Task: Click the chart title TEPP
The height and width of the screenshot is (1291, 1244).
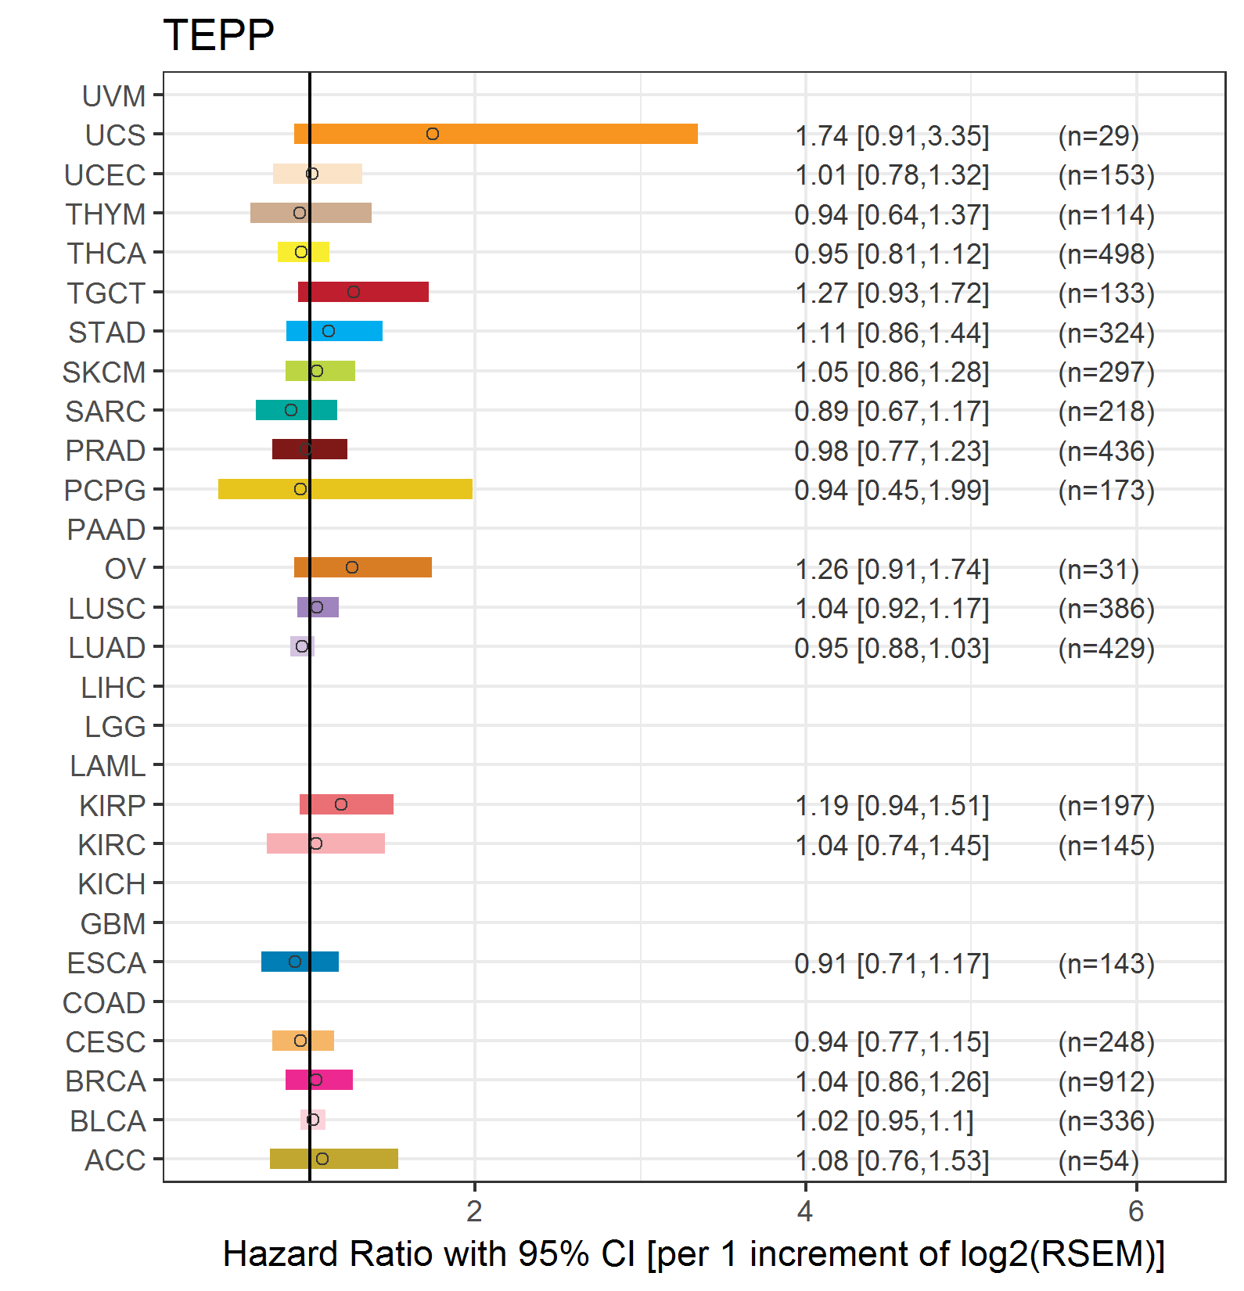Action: [218, 35]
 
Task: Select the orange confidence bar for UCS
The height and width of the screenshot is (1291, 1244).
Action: [496, 134]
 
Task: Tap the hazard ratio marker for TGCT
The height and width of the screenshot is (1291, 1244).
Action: [354, 292]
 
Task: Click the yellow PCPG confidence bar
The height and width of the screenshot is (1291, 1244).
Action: [345, 489]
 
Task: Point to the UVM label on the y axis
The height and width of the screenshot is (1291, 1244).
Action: [114, 96]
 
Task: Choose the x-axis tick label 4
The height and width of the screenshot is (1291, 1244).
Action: [805, 1212]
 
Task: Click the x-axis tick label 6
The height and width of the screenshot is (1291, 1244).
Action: [1136, 1212]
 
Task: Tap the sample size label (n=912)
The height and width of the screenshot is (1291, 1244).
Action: [1106, 1082]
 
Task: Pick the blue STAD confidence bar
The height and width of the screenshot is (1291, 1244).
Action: [334, 331]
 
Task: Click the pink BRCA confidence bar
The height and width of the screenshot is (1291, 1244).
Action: [319, 1080]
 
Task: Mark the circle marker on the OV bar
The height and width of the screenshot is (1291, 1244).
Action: [352, 567]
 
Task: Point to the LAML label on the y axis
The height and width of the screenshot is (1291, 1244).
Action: [108, 766]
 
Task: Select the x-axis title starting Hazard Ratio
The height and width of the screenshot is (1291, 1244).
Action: [694, 1254]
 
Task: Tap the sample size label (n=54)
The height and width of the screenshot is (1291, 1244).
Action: [1098, 1161]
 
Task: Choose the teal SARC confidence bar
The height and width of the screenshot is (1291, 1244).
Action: [297, 410]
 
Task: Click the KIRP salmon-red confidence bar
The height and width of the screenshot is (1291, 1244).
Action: [347, 804]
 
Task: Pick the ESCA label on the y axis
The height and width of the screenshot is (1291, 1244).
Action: [106, 963]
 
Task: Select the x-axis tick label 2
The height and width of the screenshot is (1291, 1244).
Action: [474, 1212]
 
